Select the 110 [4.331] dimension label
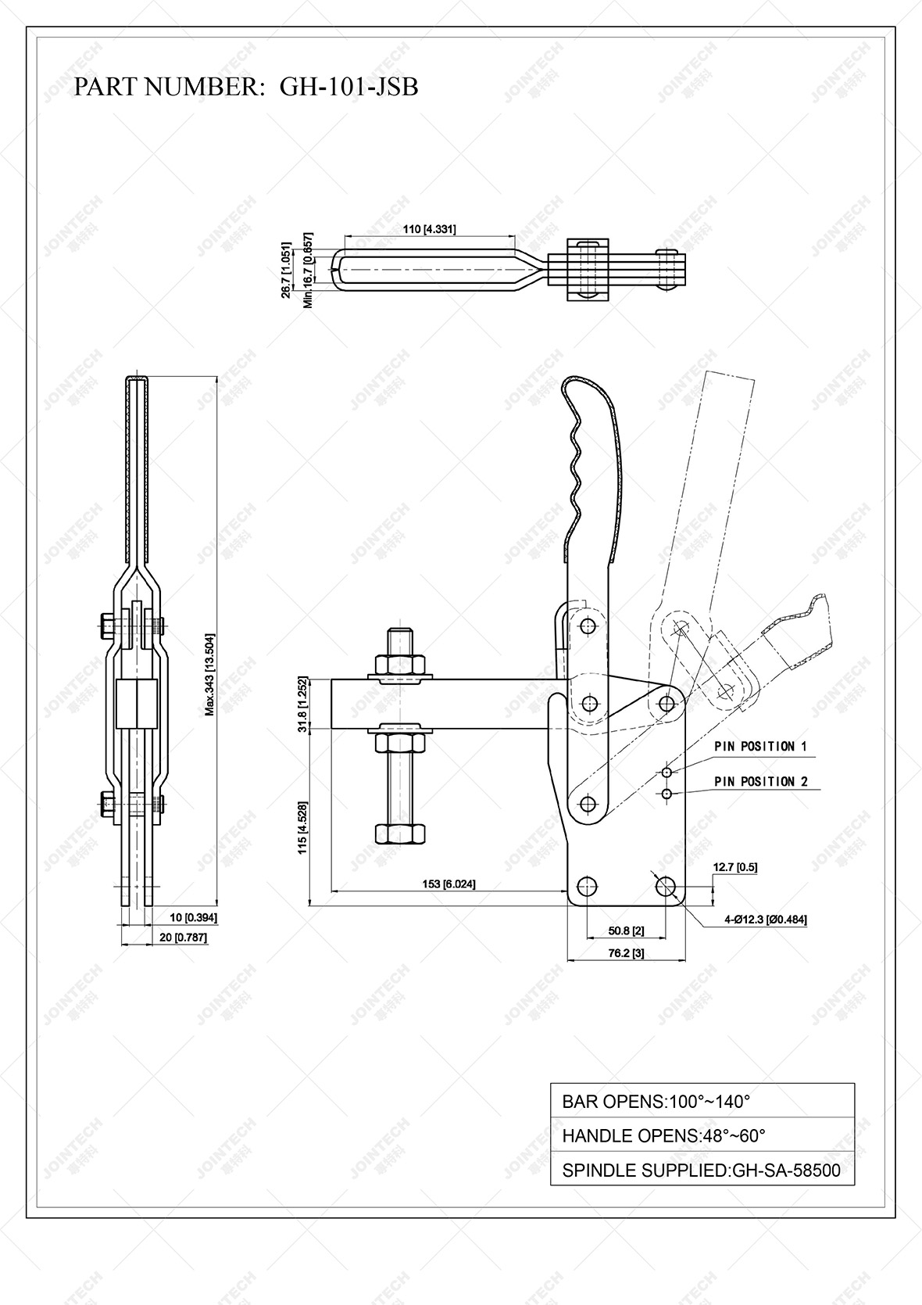[x=429, y=229]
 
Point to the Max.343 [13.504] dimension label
[x=210, y=675]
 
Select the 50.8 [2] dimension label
[x=626, y=930]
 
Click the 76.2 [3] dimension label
[x=626, y=953]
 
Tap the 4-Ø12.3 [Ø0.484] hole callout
[x=765, y=920]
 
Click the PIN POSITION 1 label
[x=759, y=747]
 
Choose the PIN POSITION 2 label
[x=759, y=782]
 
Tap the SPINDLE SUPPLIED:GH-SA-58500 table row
[x=702, y=1171]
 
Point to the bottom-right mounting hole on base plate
[x=666, y=887]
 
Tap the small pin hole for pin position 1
[x=666, y=773]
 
